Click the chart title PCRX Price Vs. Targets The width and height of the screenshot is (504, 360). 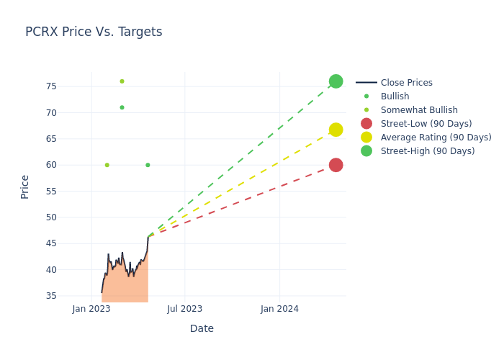pyautogui.click(x=94, y=32)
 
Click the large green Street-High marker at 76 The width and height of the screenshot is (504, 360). pyautogui.click(x=336, y=81)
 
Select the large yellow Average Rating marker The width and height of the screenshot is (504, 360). pyautogui.click(x=336, y=130)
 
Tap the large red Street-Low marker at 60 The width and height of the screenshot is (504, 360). pyautogui.click(x=336, y=165)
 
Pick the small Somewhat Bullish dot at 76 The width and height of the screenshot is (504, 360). pyautogui.click(x=122, y=81)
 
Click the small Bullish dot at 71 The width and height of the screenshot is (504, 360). pyautogui.click(x=122, y=107)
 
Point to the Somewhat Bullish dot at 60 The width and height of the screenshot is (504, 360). pyautogui.click(x=107, y=165)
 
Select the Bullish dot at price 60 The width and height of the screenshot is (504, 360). pyautogui.click(x=148, y=165)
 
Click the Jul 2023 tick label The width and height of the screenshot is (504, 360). pyautogui.click(x=185, y=309)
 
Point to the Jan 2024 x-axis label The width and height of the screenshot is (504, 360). pyautogui.click(x=279, y=309)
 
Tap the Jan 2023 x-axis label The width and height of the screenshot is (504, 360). pyautogui.click(x=91, y=309)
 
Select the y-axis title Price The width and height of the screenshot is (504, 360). pyautogui.click(x=25, y=186)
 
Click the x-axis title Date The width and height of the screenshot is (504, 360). pyautogui.click(x=202, y=328)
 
